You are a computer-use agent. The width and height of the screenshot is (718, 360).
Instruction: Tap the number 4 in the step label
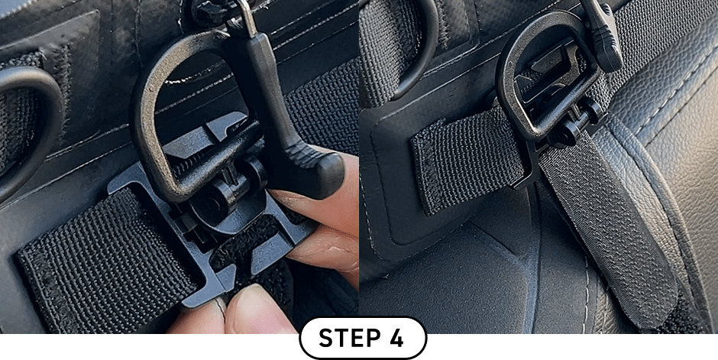tap(395, 339)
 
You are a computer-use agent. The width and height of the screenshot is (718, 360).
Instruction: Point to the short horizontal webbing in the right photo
tap(467, 161)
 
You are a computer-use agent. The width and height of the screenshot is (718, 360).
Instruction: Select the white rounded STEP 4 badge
tap(363, 339)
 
